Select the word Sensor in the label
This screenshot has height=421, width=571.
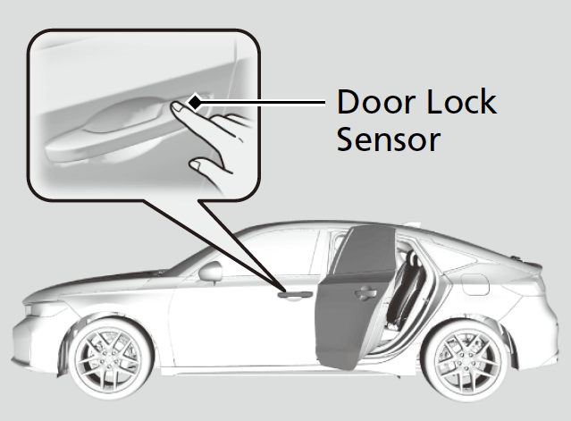click(x=389, y=139)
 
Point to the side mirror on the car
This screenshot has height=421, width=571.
click(x=211, y=272)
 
